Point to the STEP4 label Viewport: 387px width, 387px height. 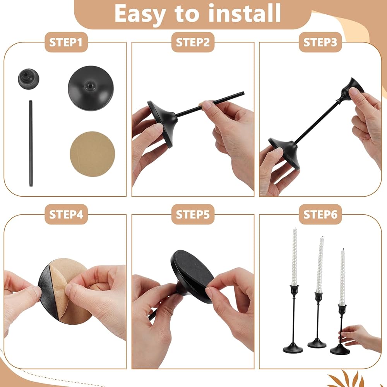click(x=66, y=214)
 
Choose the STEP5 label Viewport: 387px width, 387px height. click(x=193, y=214)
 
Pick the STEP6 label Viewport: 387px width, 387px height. click(x=320, y=214)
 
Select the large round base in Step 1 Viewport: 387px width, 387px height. click(x=91, y=88)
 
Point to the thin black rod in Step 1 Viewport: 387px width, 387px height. click(x=31, y=143)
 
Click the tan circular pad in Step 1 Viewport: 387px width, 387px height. click(x=92, y=154)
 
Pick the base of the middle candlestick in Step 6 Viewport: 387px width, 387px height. click(x=317, y=342)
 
